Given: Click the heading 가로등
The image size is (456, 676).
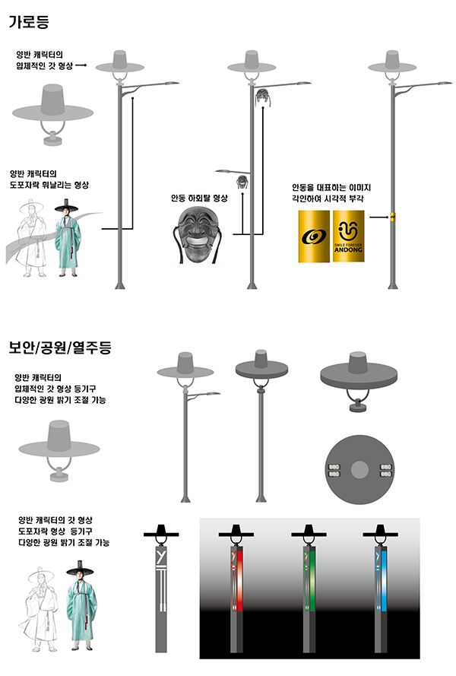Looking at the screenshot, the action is coord(29,21).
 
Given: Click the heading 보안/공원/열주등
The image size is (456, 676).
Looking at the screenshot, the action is coord(60,347).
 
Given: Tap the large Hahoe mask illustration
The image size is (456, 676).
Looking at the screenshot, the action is coord(199,234).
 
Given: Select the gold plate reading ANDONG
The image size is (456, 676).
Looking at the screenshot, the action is coord(348,236).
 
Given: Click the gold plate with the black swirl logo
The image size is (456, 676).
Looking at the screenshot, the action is coord(314,236).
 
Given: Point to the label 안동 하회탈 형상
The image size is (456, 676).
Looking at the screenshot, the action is coord(199,198).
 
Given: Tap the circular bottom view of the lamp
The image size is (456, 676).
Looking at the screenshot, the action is coord(359,469).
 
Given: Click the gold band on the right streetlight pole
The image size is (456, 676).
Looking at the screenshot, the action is coord(393,217).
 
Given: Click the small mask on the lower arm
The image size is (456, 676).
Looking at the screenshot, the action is coord(242,182).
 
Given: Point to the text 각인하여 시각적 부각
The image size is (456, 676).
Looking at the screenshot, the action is coord(327,198).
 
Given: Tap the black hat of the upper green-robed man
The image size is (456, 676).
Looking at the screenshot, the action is coord(66,207).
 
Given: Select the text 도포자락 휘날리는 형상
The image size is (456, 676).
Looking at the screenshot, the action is coord(49,185).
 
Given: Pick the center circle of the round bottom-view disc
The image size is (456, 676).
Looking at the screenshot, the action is coord(359,470).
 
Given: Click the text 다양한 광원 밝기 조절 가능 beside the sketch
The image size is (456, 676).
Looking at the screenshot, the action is coord(64,542).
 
